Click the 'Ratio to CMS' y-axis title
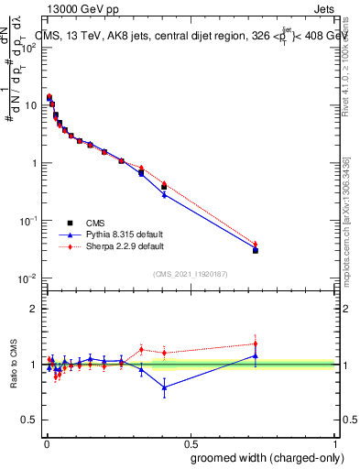(14, 365)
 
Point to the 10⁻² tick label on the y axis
(28, 278)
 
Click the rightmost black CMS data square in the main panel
(256, 250)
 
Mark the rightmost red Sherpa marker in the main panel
(256, 245)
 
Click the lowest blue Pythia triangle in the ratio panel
(164, 387)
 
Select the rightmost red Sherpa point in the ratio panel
(256, 344)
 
